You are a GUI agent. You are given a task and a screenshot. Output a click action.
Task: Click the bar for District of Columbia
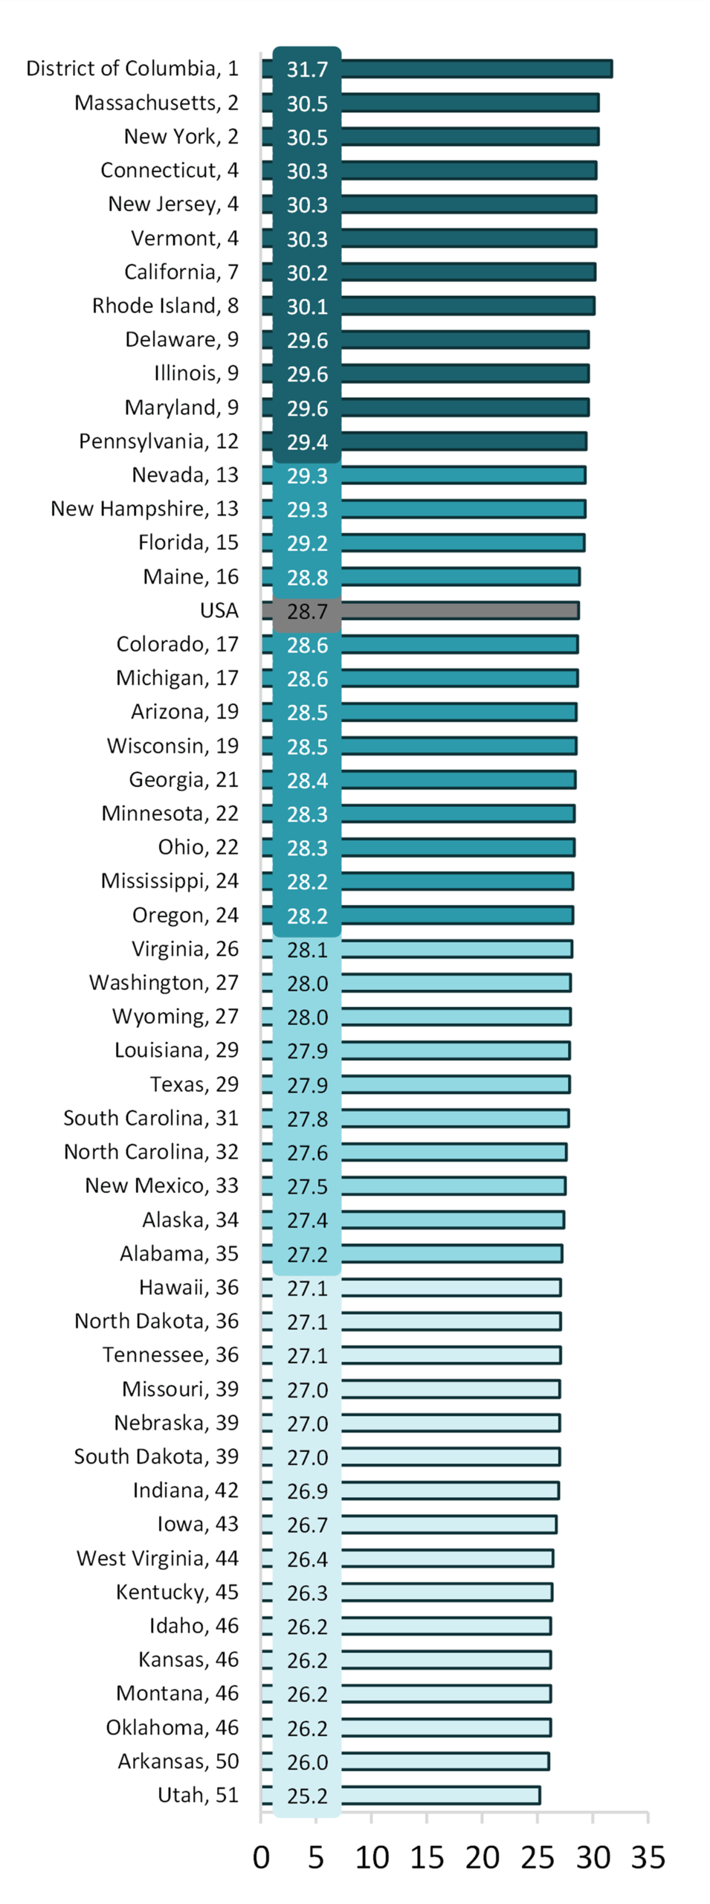point(476,68)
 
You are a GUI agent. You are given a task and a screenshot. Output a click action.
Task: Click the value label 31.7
point(307,69)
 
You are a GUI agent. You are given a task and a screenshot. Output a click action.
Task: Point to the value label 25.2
point(307,1795)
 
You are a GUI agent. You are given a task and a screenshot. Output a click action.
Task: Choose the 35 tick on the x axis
point(648,1857)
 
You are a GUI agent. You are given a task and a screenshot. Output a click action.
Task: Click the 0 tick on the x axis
point(261,1857)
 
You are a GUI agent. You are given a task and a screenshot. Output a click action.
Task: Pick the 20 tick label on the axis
point(482,1857)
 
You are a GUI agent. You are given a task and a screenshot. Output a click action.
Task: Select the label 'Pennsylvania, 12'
point(158,441)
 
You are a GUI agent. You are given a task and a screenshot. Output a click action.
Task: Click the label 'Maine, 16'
point(190,576)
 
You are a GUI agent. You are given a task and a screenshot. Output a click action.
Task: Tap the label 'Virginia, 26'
point(185,948)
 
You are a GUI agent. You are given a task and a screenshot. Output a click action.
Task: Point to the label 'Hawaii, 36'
point(189,1287)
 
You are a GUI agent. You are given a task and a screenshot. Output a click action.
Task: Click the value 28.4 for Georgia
point(307,780)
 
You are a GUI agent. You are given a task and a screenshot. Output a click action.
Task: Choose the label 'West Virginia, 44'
point(158,1557)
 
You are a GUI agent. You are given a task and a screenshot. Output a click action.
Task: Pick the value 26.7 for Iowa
point(307,1525)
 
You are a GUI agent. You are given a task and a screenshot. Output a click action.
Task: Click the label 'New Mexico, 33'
point(161,1185)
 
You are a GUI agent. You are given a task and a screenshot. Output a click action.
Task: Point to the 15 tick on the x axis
point(427,1857)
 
